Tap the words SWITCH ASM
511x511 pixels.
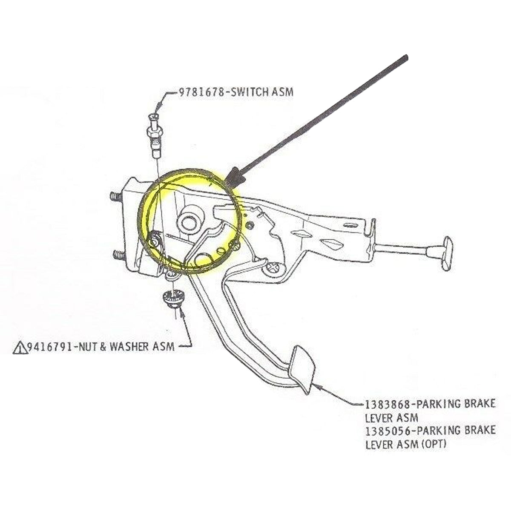point(260,92)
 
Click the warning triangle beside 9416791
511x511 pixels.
point(19,348)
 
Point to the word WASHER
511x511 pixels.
point(129,347)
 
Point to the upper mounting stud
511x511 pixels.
point(114,197)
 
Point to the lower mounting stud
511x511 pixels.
point(118,255)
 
